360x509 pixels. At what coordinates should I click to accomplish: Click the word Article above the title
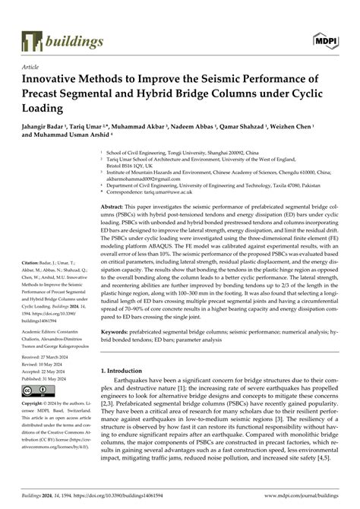(32, 67)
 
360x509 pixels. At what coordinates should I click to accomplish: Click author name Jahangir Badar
(46, 128)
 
